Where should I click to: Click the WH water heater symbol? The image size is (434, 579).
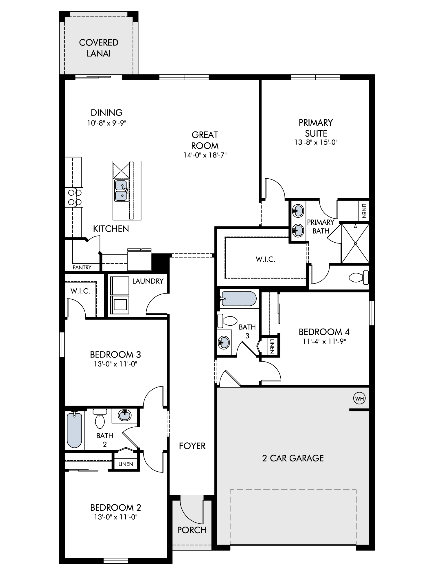click(360, 399)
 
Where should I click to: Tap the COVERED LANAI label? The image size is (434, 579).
click(99, 48)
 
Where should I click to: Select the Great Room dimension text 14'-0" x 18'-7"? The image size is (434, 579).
click(205, 155)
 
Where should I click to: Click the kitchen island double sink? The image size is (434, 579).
click(122, 190)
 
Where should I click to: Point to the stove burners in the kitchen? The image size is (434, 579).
click(74, 197)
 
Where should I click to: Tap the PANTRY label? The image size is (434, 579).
click(82, 267)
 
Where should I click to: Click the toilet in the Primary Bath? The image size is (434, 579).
click(359, 278)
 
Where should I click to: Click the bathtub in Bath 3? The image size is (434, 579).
click(238, 298)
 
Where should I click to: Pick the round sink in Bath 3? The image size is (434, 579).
click(224, 343)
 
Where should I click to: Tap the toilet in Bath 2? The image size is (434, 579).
click(100, 419)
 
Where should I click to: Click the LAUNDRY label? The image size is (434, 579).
click(148, 281)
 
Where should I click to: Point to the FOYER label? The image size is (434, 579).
click(192, 446)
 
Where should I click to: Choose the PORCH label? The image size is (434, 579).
click(192, 530)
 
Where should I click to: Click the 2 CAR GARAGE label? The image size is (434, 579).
click(293, 458)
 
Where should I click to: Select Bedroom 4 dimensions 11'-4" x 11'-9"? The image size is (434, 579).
click(324, 341)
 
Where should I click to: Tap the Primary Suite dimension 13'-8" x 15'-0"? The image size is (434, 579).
click(316, 142)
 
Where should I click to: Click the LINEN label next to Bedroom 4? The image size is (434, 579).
click(272, 345)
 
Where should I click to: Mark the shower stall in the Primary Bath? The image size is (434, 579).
click(355, 243)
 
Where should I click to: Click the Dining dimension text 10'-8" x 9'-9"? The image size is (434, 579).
click(107, 123)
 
